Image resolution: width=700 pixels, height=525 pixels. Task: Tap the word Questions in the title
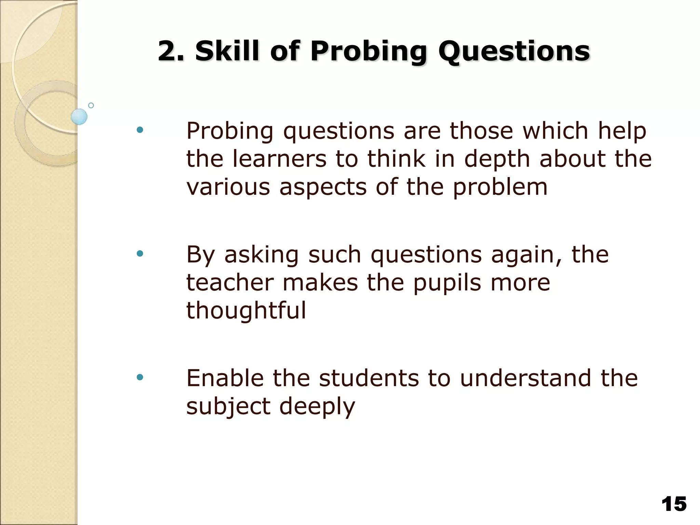(x=514, y=51)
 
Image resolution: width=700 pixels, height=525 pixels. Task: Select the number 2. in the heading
(x=171, y=51)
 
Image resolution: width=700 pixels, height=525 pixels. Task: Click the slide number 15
(x=674, y=504)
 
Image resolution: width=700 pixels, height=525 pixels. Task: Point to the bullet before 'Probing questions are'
(x=139, y=130)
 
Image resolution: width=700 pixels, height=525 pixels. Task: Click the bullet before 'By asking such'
(x=139, y=254)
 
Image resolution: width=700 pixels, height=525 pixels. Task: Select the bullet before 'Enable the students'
(x=139, y=378)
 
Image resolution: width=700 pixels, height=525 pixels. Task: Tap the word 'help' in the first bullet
(x=622, y=131)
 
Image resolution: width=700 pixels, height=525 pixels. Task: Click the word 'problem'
(x=500, y=188)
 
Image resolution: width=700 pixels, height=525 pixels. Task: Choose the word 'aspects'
(x=323, y=188)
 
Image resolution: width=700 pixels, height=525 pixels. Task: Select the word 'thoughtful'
(x=246, y=311)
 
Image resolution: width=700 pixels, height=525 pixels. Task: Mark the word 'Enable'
(x=225, y=378)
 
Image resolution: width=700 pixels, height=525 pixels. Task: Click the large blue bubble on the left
(x=79, y=117)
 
